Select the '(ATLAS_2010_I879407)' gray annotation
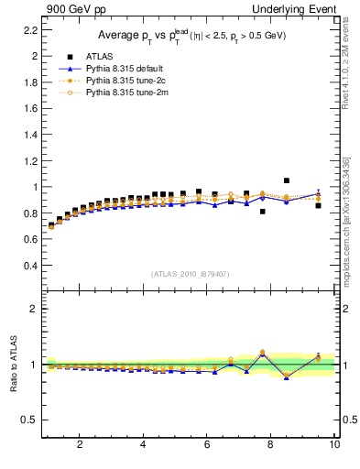coord(190,274)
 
